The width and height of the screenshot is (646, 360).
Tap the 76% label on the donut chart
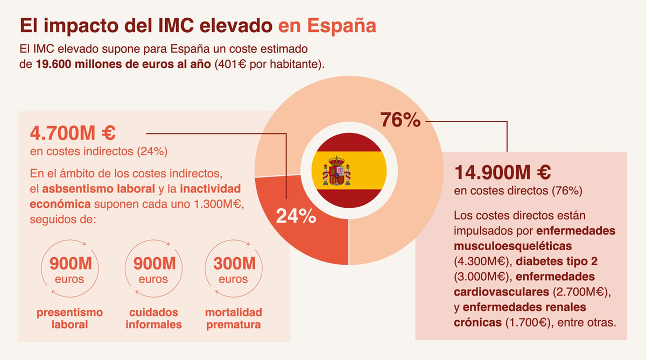point(401,120)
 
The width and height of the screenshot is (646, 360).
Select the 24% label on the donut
point(296,216)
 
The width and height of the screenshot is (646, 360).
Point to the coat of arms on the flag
point(336,171)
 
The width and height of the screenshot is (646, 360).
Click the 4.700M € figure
point(73,133)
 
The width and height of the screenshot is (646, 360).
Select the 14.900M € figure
point(502,172)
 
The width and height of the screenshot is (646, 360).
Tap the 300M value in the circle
point(235,264)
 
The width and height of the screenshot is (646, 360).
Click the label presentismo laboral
point(70,319)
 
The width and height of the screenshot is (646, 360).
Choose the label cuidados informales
point(154,319)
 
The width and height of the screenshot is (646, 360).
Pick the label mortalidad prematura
point(234,319)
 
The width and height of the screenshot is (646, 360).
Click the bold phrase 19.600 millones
point(79,64)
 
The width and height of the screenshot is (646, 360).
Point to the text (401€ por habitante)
point(270,64)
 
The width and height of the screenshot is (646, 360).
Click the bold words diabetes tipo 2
point(557,262)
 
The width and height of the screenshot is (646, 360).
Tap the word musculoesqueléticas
point(512,246)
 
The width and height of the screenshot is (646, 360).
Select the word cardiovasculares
point(502,292)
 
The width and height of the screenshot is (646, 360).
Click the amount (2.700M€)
point(580,292)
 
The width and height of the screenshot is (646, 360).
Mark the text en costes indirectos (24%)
point(99,151)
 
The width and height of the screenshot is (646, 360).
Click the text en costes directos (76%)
point(518,191)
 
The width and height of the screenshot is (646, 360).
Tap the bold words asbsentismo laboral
point(99,189)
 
